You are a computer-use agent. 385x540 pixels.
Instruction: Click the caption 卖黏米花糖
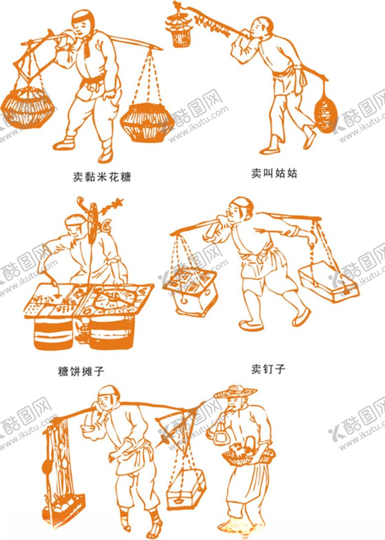(x=102, y=177)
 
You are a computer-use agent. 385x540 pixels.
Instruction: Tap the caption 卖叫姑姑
(x=274, y=174)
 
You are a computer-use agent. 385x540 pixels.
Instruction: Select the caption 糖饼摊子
(x=81, y=370)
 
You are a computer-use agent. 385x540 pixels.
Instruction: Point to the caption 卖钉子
(x=268, y=369)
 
